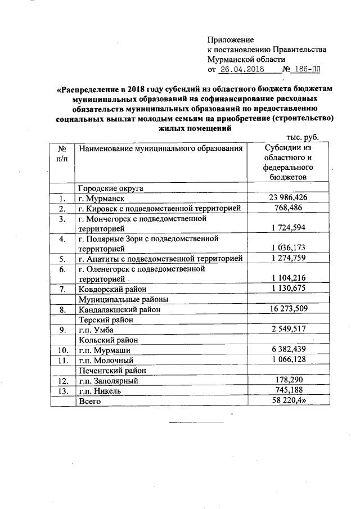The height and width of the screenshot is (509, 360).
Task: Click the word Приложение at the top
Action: coord(231,40)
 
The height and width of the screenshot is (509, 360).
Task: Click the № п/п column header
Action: coord(62,154)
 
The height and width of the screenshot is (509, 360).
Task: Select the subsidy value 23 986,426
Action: coord(288,198)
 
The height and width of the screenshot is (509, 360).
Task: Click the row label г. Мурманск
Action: coord(101,199)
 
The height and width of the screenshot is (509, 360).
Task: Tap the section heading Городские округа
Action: coord(111,188)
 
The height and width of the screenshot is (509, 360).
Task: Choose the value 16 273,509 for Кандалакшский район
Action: coord(288,309)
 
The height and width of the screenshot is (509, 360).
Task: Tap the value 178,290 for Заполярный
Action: coord(288,380)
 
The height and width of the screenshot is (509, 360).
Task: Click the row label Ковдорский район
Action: coord(111,289)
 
